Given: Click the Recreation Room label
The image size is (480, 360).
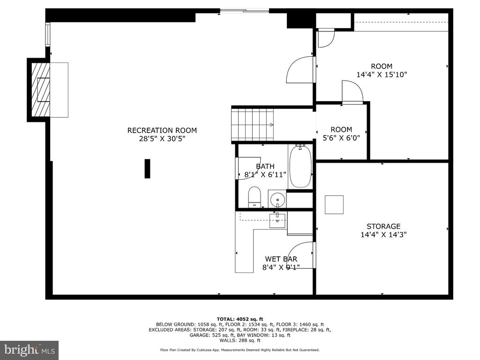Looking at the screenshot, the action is [x=162, y=130].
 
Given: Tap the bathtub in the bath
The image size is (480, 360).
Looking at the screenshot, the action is [x=300, y=166].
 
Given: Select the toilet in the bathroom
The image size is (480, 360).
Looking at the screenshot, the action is [x=254, y=197].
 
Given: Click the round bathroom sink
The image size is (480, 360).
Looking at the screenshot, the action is [x=277, y=200].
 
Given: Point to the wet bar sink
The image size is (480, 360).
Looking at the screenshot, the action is [x=277, y=221].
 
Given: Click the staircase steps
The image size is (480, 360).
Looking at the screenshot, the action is [x=252, y=124].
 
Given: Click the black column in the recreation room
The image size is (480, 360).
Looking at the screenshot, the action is [x=147, y=168].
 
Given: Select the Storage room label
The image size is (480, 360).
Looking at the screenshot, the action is [x=383, y=226].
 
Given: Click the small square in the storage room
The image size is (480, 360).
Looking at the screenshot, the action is [x=334, y=204].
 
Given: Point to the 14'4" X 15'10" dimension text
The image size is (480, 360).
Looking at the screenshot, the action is [x=382, y=75].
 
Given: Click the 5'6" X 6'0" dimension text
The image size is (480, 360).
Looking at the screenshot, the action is [x=341, y=138].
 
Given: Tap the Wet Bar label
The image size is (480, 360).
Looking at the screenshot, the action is [x=281, y=259].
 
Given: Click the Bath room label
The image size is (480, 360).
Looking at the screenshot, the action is [x=265, y=166].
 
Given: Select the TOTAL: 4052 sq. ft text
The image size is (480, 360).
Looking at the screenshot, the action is [x=240, y=319].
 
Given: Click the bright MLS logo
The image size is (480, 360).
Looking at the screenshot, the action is [x=29, y=350].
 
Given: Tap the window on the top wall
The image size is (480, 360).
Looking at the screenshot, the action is [x=244, y=11].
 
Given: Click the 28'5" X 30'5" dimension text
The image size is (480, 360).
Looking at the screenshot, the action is [x=162, y=139].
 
